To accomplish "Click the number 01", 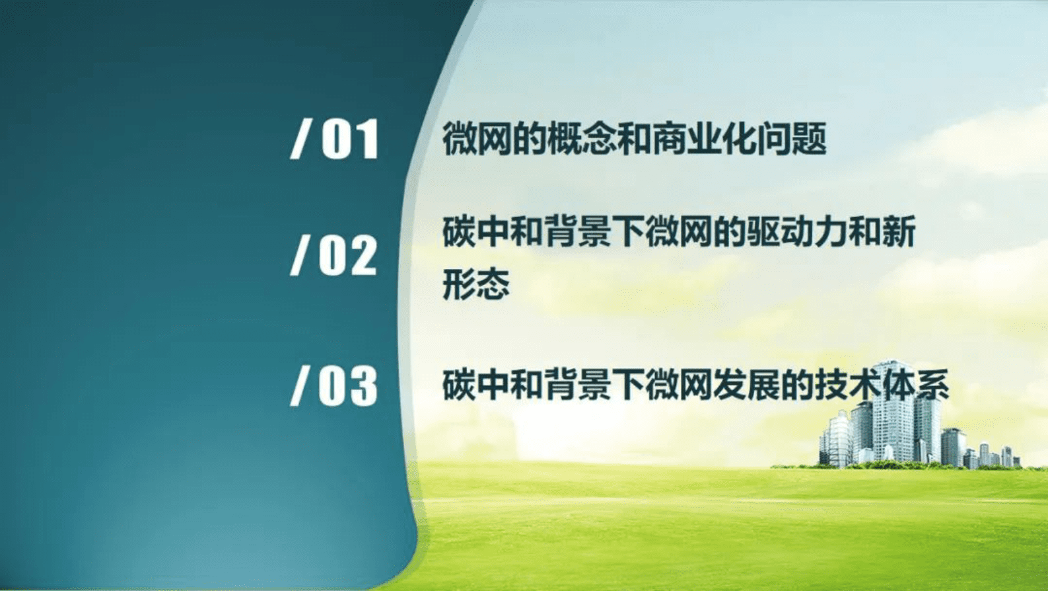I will coord(350,139).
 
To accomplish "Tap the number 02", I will coord(348,256).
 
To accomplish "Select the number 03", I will coord(348,386).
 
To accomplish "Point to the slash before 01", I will coord(300,139).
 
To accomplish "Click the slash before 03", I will coord(300,386).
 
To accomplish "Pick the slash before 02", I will coord(300,256).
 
